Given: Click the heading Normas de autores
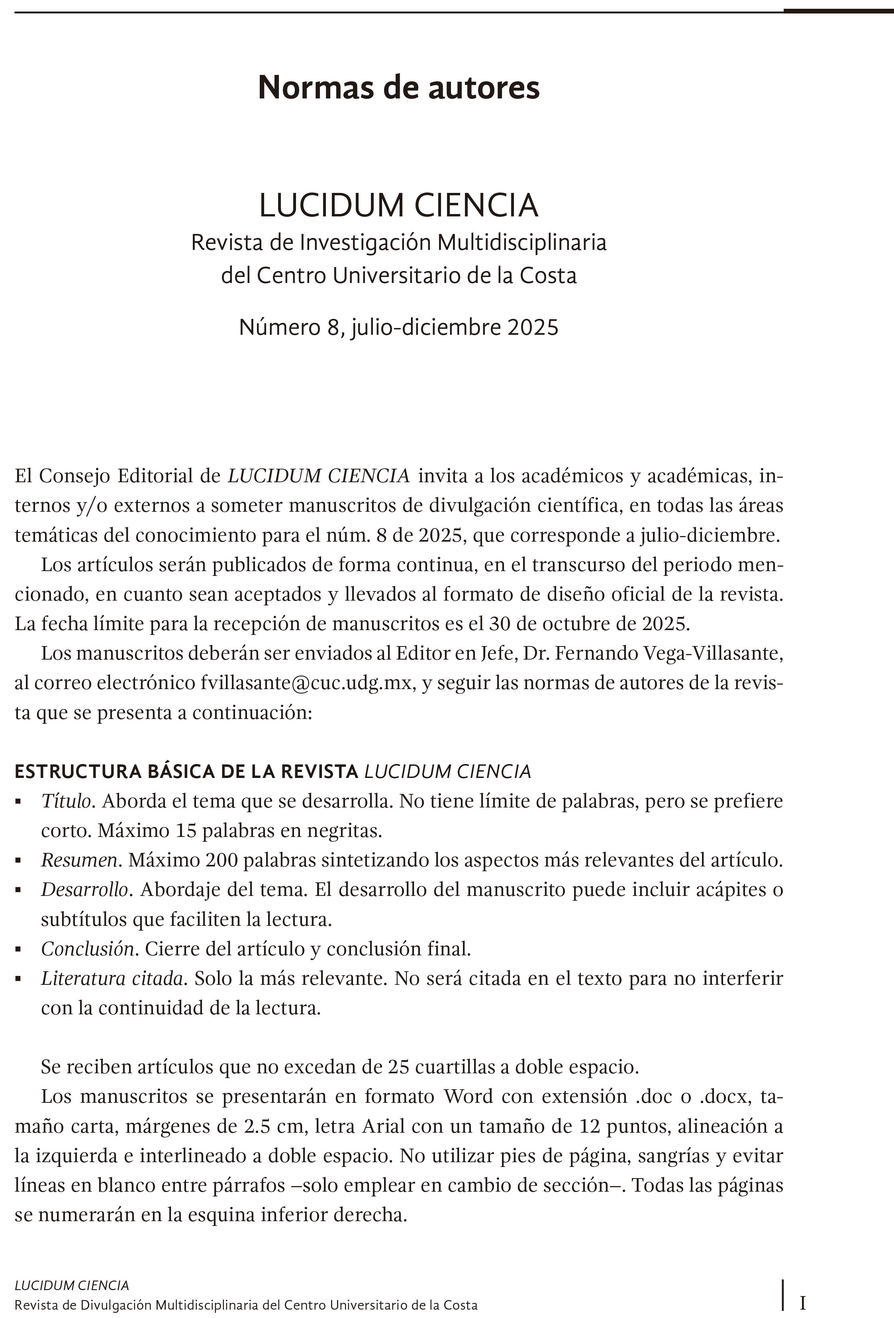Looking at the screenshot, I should [x=398, y=88].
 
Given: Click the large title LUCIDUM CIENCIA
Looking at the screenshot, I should [x=398, y=206].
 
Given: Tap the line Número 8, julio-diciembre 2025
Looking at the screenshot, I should [x=398, y=328].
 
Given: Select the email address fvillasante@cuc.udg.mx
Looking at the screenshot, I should [x=306, y=683].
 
